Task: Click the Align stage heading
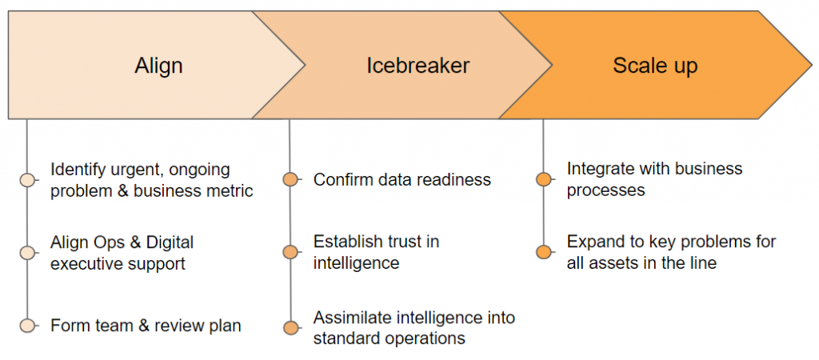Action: tap(158, 66)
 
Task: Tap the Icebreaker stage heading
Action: tap(417, 66)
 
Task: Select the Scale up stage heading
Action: tap(655, 66)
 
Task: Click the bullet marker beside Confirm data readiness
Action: tap(290, 180)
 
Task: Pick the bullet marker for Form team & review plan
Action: tap(27, 326)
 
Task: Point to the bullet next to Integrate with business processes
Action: tap(544, 180)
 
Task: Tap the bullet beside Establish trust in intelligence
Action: tap(290, 252)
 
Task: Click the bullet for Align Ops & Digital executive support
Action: tap(27, 253)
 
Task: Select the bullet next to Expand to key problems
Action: tap(544, 252)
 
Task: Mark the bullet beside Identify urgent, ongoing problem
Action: tap(27, 180)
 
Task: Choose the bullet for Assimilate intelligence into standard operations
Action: tap(290, 328)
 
